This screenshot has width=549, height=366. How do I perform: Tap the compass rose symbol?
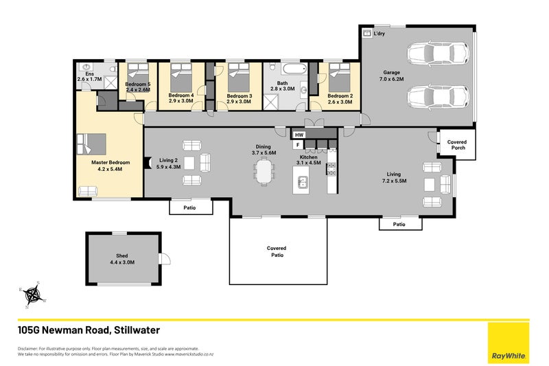pos(32,295)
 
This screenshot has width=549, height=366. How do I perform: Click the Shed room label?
pos(123,258)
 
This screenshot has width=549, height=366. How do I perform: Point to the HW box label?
pos(299,135)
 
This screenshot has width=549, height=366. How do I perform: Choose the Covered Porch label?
pos(456,145)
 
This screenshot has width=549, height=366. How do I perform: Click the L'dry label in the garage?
pos(379,33)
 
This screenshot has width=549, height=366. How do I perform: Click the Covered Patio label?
pos(277,251)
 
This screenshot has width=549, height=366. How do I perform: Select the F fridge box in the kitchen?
pos(298,145)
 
